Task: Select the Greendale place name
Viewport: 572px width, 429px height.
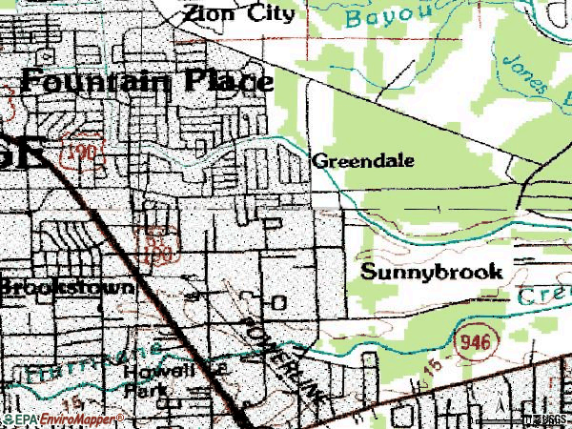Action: tap(362, 161)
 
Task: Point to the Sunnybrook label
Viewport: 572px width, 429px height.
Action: tap(432, 272)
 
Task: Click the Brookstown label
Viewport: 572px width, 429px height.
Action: tap(67, 286)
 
